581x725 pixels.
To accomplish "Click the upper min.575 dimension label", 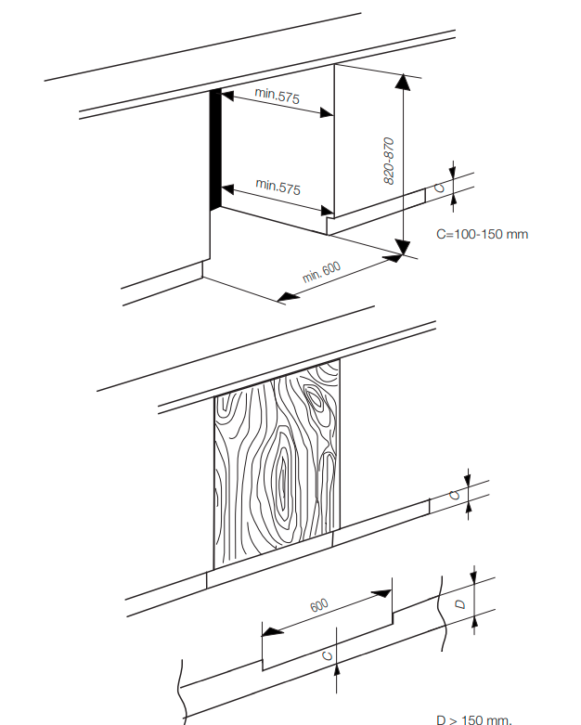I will point(278,97).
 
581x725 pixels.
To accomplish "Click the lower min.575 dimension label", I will point(278,187).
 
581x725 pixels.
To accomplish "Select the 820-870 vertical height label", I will point(390,160).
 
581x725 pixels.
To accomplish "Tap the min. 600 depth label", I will point(322,272).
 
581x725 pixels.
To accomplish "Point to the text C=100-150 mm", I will point(482,234).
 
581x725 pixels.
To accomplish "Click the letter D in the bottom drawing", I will point(460,603).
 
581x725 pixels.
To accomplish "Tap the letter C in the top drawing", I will point(441,187).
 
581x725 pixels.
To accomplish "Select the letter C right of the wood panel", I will point(455,495).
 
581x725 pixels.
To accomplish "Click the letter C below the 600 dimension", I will point(326,655).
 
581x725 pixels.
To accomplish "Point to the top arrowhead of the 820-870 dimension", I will point(403,82).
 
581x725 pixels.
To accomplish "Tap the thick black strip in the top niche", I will point(215,149).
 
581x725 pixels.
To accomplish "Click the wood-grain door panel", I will point(277,464).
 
